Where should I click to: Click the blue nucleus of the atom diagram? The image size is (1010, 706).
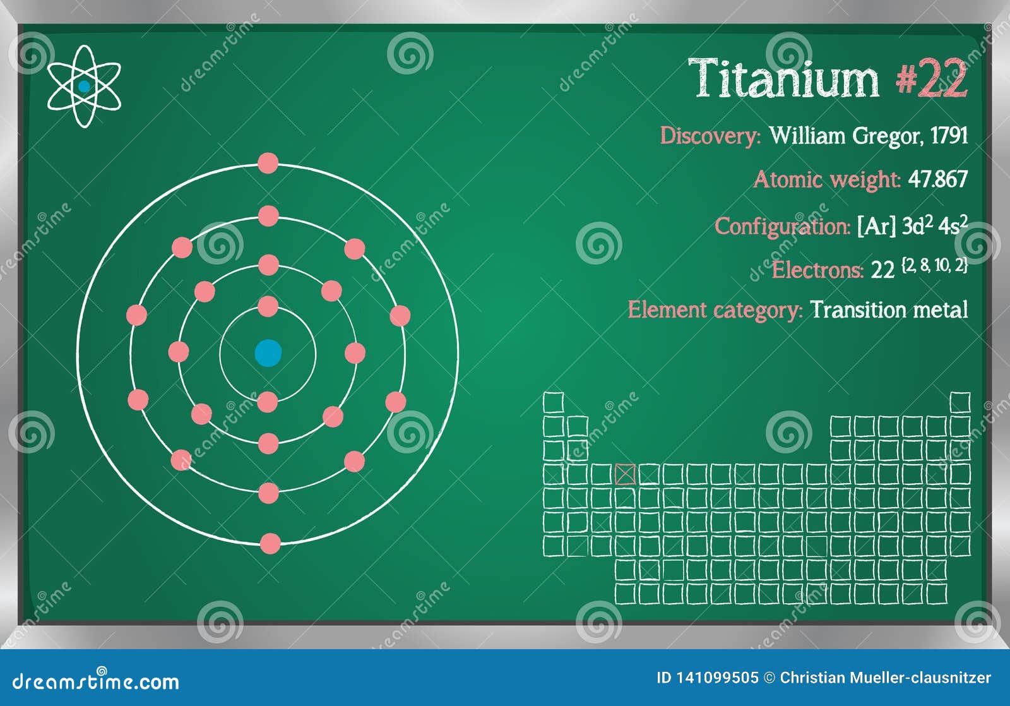click(268, 353)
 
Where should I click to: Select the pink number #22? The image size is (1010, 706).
click(931, 79)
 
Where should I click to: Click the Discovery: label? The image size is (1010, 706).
click(710, 136)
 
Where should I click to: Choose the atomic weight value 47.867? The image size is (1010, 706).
click(937, 179)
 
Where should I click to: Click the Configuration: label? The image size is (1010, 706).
click(782, 226)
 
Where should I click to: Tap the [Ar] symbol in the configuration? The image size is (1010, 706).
click(876, 226)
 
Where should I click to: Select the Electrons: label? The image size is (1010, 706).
click(817, 270)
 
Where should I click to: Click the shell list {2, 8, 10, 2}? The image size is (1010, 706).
click(934, 265)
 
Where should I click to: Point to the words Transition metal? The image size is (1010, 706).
click(889, 310)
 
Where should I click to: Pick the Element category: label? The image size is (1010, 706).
click(715, 310)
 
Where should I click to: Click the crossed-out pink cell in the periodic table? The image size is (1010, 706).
click(625, 474)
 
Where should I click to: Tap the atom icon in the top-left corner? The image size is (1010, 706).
click(84, 87)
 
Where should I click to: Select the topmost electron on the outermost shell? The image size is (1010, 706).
click(268, 163)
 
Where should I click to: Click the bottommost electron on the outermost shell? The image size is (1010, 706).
click(270, 543)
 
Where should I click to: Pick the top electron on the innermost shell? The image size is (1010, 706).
click(268, 306)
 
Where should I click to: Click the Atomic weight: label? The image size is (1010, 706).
click(826, 179)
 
